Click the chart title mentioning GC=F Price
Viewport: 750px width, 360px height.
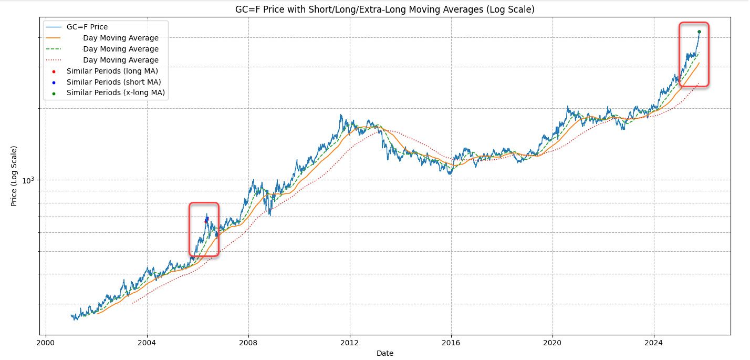click(x=385, y=9)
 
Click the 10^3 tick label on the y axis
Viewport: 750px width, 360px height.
click(x=29, y=180)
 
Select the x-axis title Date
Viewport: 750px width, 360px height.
click(x=385, y=353)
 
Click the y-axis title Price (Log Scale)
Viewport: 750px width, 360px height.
click(x=14, y=176)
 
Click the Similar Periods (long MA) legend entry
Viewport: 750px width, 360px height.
click(x=112, y=71)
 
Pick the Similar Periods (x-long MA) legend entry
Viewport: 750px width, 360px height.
click(x=116, y=93)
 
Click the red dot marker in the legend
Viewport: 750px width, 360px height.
click(x=54, y=71)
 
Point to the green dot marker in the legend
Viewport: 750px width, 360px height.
click(x=54, y=93)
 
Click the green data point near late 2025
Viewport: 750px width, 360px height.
click(x=699, y=32)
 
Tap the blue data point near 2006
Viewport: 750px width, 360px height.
click(x=207, y=218)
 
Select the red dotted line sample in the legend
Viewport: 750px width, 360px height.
click(x=54, y=60)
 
